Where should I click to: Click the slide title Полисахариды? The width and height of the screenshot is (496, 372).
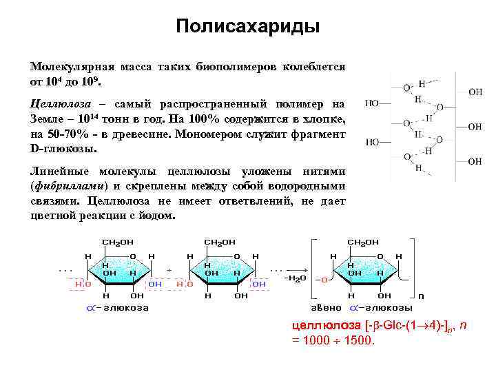click(x=247, y=27)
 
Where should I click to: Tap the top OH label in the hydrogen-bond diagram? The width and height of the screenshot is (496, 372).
click(x=475, y=91)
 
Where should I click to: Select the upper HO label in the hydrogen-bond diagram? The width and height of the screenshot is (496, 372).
click(x=372, y=104)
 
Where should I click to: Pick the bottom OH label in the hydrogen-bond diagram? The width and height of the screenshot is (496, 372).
click(x=475, y=161)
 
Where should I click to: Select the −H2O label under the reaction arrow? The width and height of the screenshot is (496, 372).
click(x=294, y=278)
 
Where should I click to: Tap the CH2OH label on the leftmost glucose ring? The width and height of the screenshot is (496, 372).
click(x=118, y=242)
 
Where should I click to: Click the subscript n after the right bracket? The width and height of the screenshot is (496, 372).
click(x=422, y=297)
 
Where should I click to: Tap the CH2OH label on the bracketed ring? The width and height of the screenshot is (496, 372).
click(x=362, y=242)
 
